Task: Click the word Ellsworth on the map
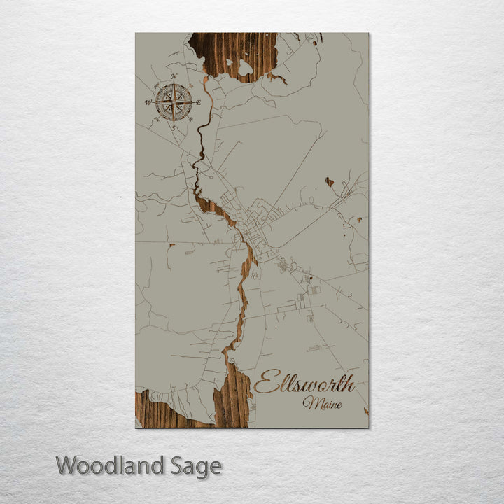pyautogui.click(x=304, y=383)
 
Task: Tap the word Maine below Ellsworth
pyautogui.click(x=322, y=403)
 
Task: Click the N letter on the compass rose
pyautogui.click(x=174, y=76)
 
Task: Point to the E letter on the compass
pyautogui.click(x=199, y=102)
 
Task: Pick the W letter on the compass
pyautogui.click(x=148, y=102)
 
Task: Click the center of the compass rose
pyautogui.click(x=174, y=102)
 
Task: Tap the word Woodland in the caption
pyautogui.click(x=110, y=465)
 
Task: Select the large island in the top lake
pyautogui.click(x=245, y=68)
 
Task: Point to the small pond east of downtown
pyautogui.click(x=329, y=181)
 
